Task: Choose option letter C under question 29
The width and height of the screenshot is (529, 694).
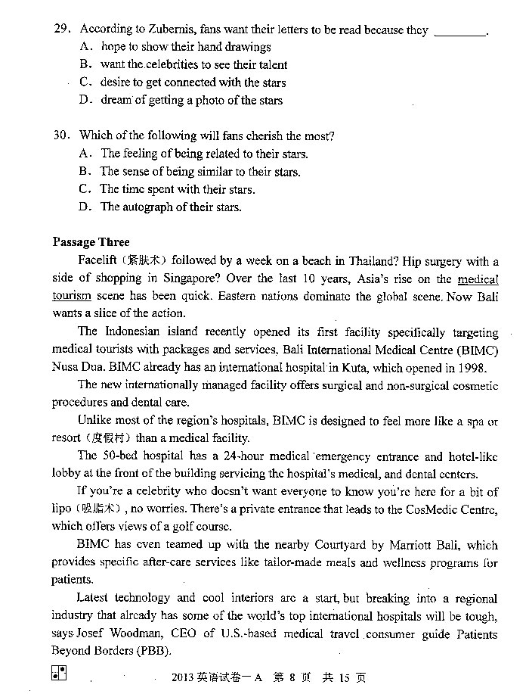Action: pos(85,82)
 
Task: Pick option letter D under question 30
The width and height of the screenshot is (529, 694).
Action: pos(85,207)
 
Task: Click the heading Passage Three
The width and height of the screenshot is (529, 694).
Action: pos(91,242)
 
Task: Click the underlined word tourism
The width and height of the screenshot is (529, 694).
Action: pos(72,296)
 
